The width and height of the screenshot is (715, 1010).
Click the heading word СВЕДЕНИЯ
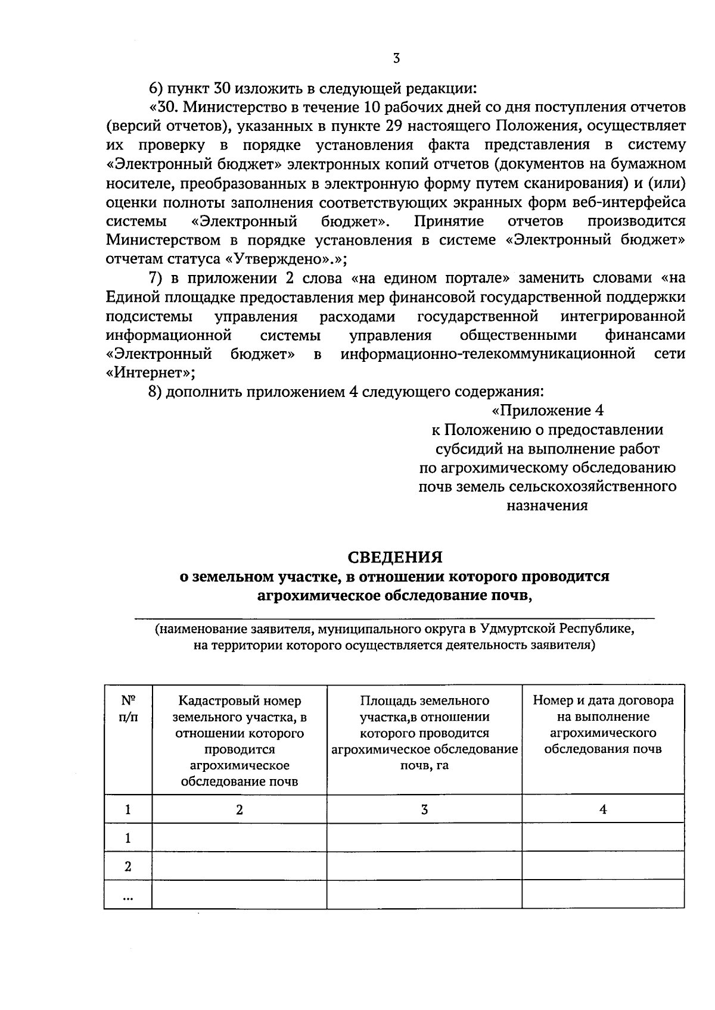pyautogui.click(x=395, y=557)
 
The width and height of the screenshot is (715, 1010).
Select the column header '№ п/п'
pyautogui.click(x=128, y=708)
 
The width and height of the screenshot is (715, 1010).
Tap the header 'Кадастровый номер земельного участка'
pyautogui.click(x=240, y=741)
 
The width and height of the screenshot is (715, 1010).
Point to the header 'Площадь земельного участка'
pyautogui.click(x=424, y=733)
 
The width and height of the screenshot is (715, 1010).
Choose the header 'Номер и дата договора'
pyautogui.click(x=603, y=724)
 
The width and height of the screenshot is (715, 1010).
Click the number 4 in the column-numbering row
pyautogui.click(x=603, y=809)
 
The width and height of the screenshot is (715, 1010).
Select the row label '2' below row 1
pyautogui.click(x=128, y=867)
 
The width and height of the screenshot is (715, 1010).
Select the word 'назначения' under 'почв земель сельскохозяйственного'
pyautogui.click(x=547, y=506)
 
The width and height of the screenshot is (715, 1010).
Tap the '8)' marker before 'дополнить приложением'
pyautogui.click(x=156, y=392)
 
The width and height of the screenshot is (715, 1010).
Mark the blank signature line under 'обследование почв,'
pyautogui.click(x=393, y=619)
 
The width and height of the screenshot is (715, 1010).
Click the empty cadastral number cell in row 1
pyautogui.click(x=240, y=838)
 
